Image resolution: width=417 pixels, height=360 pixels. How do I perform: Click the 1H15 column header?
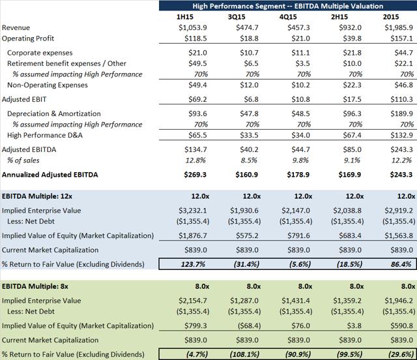click(x=185, y=17)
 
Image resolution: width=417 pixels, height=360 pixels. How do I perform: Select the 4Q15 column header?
click(x=288, y=17)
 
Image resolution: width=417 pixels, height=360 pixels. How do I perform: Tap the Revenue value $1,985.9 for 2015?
click(x=399, y=27)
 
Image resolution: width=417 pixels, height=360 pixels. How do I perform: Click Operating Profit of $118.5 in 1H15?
click(x=195, y=38)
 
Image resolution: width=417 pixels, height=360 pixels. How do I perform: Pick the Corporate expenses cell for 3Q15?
click(x=249, y=53)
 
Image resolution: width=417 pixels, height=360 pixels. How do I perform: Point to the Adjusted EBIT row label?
click(x=24, y=99)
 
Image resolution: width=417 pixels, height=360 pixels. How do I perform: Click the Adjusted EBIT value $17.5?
click(x=352, y=99)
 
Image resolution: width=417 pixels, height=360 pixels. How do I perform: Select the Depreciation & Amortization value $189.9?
click(x=401, y=113)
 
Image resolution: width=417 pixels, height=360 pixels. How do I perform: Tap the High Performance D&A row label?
click(x=45, y=135)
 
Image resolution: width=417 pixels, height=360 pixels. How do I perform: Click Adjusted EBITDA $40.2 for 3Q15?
click(x=249, y=149)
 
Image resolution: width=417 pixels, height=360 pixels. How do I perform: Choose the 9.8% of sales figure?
click(x=300, y=160)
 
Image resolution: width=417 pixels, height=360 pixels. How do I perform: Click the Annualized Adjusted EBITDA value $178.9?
click(x=298, y=175)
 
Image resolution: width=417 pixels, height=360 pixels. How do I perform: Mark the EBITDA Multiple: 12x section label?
click(x=37, y=196)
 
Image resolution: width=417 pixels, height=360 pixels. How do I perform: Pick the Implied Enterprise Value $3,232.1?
click(x=193, y=211)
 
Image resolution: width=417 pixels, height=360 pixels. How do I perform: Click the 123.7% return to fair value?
click(x=193, y=264)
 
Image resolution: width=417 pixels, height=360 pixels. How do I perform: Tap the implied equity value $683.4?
click(x=351, y=235)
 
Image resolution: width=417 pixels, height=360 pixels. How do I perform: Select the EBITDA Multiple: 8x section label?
click(x=35, y=286)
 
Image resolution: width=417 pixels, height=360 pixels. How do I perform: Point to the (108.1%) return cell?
click(x=244, y=354)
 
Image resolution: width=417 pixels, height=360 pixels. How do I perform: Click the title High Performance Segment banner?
click(x=288, y=6)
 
